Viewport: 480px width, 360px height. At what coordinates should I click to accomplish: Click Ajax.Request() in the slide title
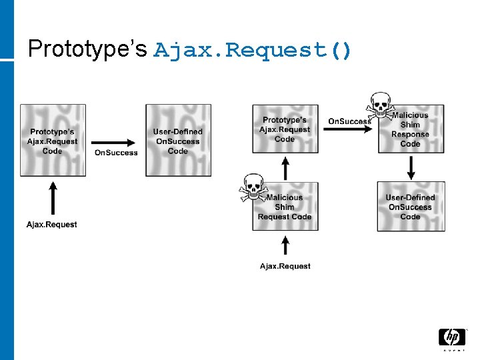pyautogui.click(x=253, y=50)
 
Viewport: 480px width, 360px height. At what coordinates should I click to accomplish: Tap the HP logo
pyautogui.click(x=451, y=337)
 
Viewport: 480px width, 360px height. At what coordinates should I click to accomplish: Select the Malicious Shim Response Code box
pyautogui.click(x=411, y=129)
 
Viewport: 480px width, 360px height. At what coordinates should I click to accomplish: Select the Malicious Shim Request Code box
pyautogui.click(x=285, y=207)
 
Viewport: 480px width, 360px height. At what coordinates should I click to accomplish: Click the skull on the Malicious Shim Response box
pyautogui.click(x=379, y=105)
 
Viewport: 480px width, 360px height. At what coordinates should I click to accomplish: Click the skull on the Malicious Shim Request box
pyautogui.click(x=253, y=187)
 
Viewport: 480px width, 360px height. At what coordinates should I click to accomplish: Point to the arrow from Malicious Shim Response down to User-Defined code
pyautogui.click(x=411, y=167)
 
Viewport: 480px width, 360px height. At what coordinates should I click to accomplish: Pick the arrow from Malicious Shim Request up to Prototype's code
pyautogui.click(x=285, y=168)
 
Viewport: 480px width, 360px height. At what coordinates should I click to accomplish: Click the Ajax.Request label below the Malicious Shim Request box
pyautogui.click(x=285, y=266)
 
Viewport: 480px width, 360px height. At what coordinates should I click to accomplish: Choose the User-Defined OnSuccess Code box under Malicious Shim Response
pyautogui.click(x=411, y=207)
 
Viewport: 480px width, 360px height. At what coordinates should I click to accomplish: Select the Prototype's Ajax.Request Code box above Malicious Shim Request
pyautogui.click(x=285, y=129)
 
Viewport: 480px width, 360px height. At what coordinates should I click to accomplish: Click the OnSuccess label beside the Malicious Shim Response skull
pyautogui.click(x=349, y=121)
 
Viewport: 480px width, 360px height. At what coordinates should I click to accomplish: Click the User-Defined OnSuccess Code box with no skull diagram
pyautogui.click(x=178, y=141)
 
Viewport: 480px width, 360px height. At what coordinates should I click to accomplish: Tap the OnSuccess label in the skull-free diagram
pyautogui.click(x=116, y=153)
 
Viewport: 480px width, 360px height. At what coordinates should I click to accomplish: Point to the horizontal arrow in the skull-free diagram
pyautogui.click(x=115, y=141)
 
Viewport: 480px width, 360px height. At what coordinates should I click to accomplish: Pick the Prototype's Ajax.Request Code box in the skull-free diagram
pyautogui.click(x=53, y=141)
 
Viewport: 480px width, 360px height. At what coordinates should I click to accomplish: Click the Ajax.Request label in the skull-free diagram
pyautogui.click(x=52, y=224)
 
